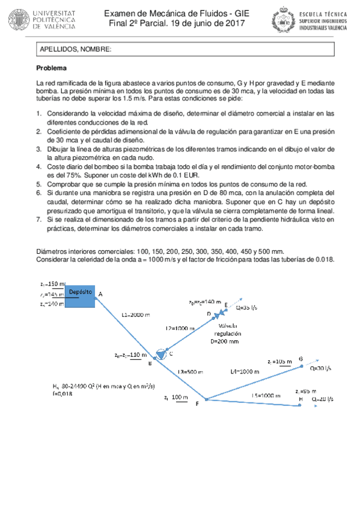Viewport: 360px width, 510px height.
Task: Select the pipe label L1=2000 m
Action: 135,314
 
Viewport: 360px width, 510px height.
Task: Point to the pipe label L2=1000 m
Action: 180,328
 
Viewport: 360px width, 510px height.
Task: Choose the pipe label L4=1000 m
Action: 245,372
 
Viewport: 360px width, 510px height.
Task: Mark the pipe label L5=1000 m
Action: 266,395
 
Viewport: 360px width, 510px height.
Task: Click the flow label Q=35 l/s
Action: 246,307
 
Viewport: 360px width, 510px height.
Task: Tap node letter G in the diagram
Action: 301,359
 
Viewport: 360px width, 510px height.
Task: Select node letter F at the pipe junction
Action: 197,404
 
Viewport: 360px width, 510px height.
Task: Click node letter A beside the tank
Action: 100,293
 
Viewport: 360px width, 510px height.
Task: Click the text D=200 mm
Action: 224,341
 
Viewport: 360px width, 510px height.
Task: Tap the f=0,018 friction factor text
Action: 63,394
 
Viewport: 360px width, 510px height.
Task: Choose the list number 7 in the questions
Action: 40,220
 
